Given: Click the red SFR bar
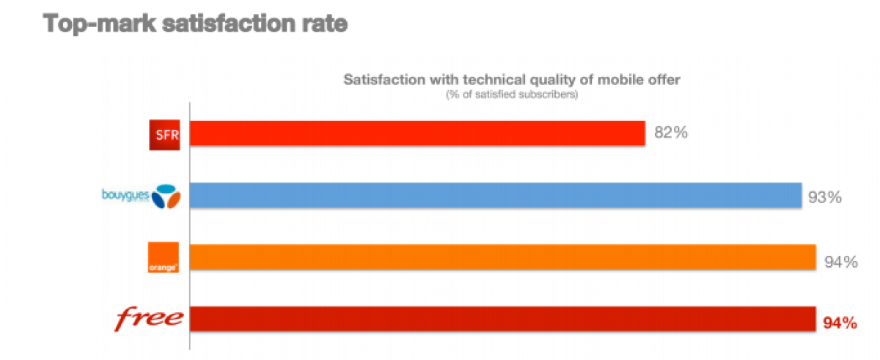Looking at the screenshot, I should (418, 133).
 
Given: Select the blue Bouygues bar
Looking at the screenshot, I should (496, 196).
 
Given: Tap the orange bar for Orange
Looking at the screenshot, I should (503, 257).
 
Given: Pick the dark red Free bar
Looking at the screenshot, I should (503, 319).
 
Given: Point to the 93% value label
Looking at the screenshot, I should (824, 196).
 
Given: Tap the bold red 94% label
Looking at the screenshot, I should (840, 323).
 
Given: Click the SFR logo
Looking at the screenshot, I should (164, 134).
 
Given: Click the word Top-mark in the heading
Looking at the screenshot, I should (97, 23).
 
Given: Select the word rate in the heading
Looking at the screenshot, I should (320, 23).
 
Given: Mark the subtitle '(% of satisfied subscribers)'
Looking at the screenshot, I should (512, 95).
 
